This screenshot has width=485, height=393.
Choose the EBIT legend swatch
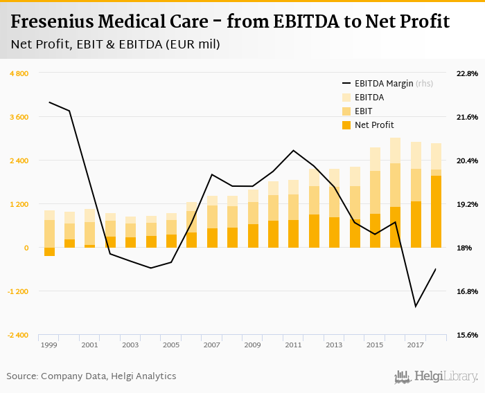tap(346, 111)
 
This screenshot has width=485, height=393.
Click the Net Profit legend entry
tap(373, 125)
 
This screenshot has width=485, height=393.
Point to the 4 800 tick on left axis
tap(19, 73)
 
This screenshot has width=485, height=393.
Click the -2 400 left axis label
tap(18, 335)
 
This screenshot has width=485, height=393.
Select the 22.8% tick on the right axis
tap(468, 73)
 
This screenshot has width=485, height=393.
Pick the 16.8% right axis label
tap(468, 291)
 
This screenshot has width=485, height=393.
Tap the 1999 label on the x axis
tap(48, 345)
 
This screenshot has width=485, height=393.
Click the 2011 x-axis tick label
tap(293, 345)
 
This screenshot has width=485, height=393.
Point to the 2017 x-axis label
tap(416, 345)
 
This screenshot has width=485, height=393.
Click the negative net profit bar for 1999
tap(49, 252)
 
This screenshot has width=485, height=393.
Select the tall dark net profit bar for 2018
tap(436, 212)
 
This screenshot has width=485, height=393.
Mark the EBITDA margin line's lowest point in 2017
tap(416, 307)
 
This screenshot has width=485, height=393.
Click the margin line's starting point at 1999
tap(49, 102)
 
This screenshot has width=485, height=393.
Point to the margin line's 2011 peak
tap(293, 150)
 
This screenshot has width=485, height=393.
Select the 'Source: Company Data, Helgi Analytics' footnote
tap(91, 376)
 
